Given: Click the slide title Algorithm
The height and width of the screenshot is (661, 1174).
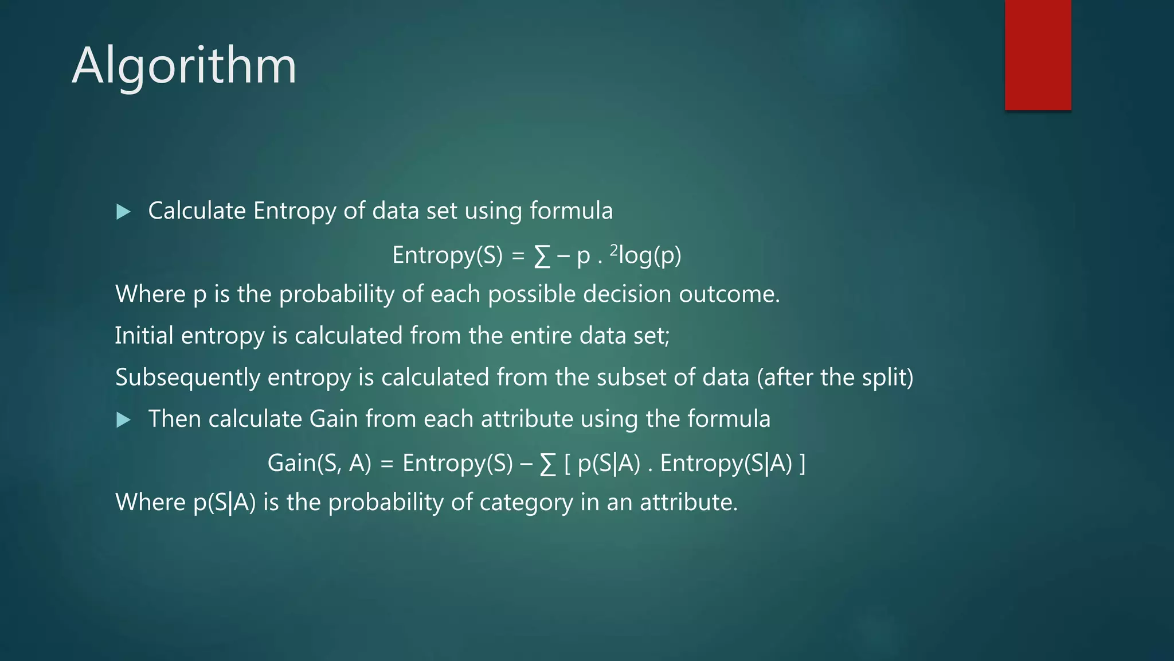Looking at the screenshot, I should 184,66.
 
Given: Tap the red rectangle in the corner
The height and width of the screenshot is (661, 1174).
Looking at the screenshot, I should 1038,55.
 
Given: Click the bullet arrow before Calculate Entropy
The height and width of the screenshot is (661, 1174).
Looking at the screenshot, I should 123,212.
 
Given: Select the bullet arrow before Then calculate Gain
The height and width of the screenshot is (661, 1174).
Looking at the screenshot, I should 123,421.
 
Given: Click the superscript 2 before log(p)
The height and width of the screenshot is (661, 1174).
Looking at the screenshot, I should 614,250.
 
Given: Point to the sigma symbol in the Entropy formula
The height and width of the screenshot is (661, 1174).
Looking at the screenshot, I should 542,256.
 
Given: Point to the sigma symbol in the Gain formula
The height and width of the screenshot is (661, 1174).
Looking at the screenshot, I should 548,464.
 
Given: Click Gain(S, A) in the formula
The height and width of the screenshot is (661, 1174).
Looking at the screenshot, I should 319,463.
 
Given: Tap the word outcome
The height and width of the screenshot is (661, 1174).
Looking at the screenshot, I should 729,294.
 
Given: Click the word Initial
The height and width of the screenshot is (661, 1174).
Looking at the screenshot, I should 144,336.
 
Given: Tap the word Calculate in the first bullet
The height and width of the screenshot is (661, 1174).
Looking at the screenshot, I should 197,211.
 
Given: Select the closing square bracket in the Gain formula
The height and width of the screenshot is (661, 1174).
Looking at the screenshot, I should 802,463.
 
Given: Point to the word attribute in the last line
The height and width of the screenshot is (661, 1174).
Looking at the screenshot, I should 688,503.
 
